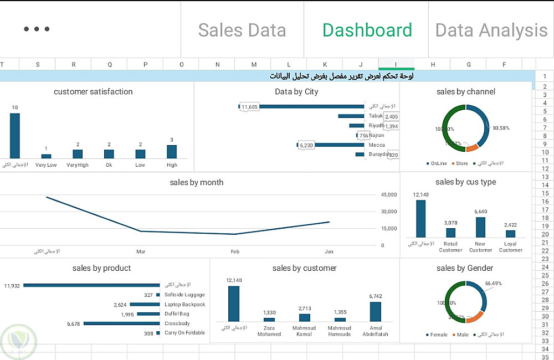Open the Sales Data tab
tap(242, 30)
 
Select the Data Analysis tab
tap(491, 30)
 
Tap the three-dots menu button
tap(37, 29)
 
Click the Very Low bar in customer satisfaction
tap(46, 156)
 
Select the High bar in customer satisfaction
tap(172, 152)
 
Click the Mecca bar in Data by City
tap(331, 145)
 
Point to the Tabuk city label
tap(376, 116)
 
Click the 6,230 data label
tap(306, 145)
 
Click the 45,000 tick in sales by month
tap(389, 195)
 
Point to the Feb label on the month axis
tap(235, 251)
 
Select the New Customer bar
tap(480, 227)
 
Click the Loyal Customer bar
tap(510, 234)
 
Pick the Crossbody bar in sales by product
tap(122, 323)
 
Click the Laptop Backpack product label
tap(184, 305)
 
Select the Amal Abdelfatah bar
tap(376, 311)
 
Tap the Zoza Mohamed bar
tap(269, 320)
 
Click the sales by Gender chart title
tap(465, 268)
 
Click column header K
tap(325, 65)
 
